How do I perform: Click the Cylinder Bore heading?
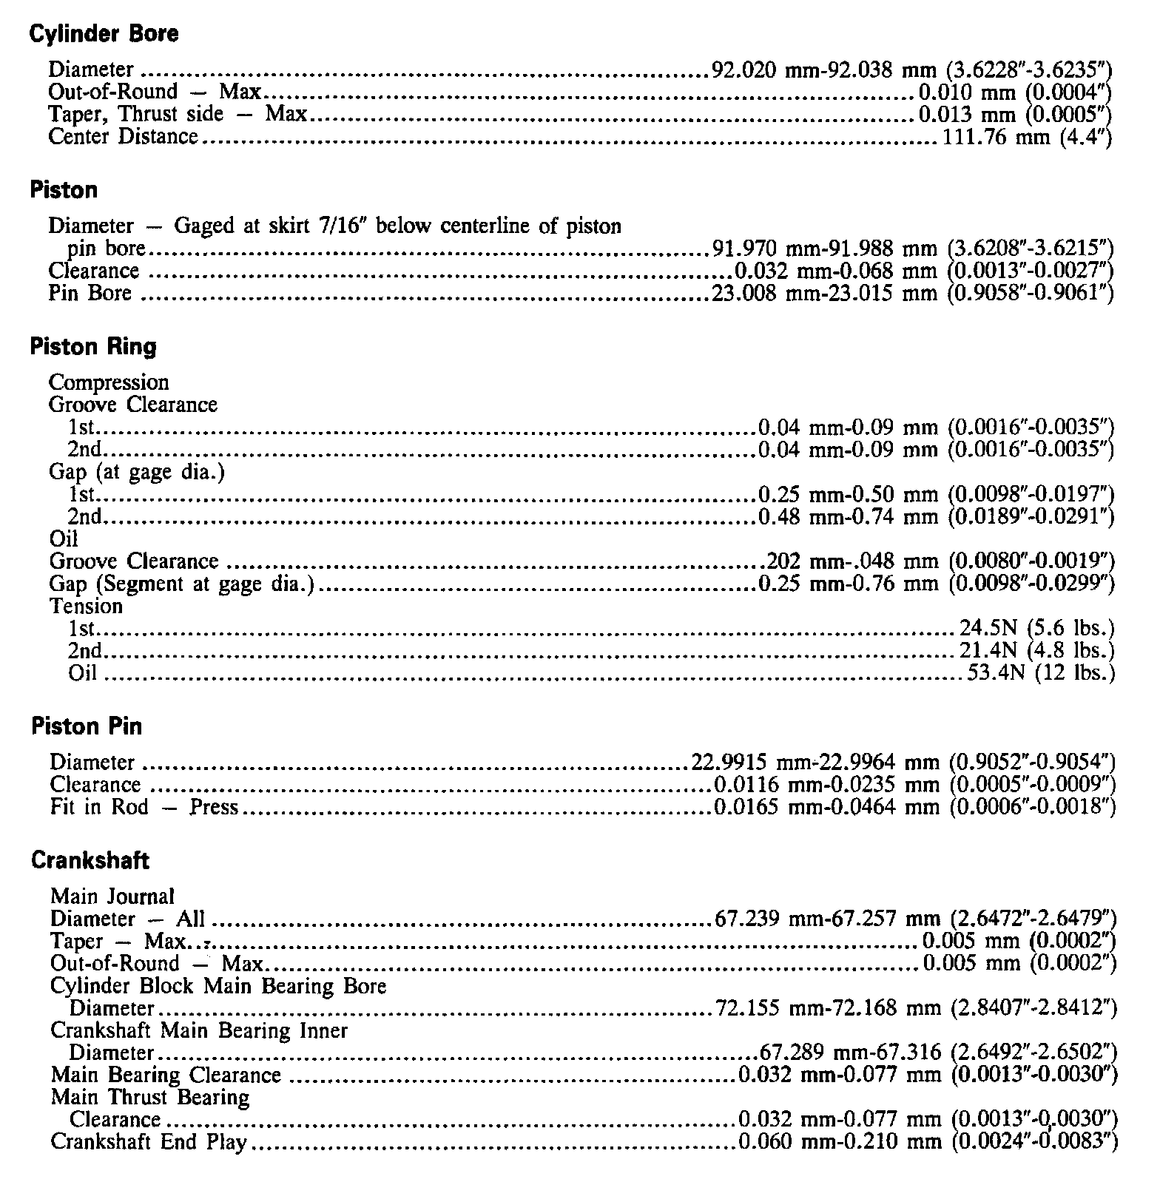(x=104, y=34)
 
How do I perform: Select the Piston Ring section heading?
(x=93, y=347)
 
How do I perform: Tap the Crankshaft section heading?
(x=90, y=860)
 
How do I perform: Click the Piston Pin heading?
(x=87, y=726)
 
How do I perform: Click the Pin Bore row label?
(x=90, y=293)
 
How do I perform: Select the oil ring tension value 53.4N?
(x=996, y=673)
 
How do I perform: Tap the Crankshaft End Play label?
(x=148, y=1142)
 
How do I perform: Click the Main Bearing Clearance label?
(x=166, y=1075)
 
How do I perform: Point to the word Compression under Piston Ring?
(x=109, y=382)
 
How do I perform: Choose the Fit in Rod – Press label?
(x=144, y=807)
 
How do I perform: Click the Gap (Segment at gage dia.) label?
(x=182, y=584)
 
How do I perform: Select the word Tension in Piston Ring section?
(x=86, y=607)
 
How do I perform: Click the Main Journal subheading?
(x=112, y=896)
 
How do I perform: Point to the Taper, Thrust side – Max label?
(x=177, y=115)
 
